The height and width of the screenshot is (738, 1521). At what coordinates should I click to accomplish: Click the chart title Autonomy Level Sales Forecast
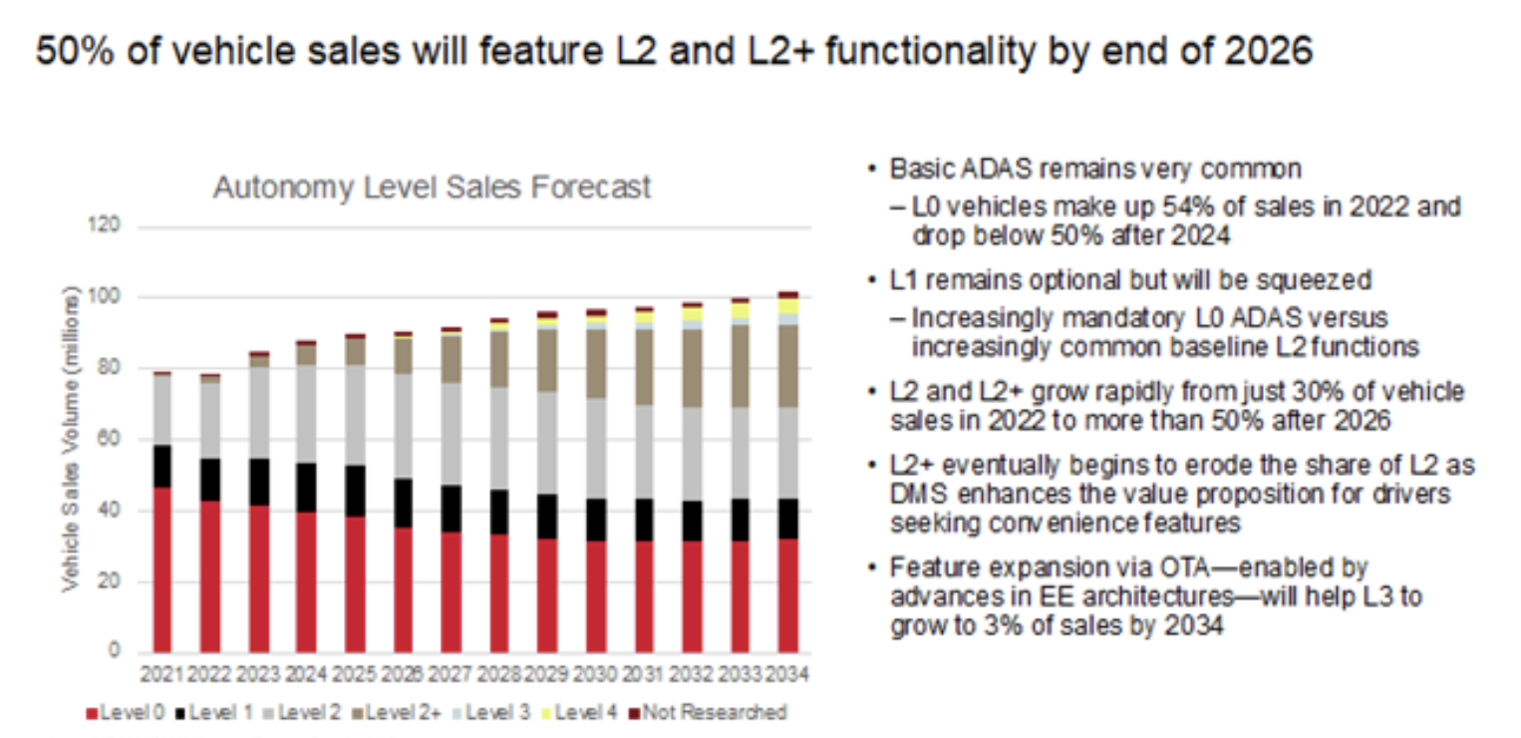(x=432, y=186)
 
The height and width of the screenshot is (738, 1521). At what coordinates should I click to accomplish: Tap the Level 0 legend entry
(x=128, y=712)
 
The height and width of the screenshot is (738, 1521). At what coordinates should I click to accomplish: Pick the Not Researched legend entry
(x=713, y=712)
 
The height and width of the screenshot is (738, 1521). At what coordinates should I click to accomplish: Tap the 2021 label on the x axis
(x=161, y=674)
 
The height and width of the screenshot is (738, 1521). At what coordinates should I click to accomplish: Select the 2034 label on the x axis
(x=787, y=674)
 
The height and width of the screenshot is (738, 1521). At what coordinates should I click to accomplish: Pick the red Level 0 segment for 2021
(x=161, y=568)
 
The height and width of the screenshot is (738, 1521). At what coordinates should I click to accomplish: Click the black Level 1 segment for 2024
(x=306, y=488)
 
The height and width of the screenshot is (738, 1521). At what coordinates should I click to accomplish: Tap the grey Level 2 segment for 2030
(x=595, y=449)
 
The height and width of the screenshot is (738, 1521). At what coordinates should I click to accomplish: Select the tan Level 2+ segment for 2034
(x=787, y=366)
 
